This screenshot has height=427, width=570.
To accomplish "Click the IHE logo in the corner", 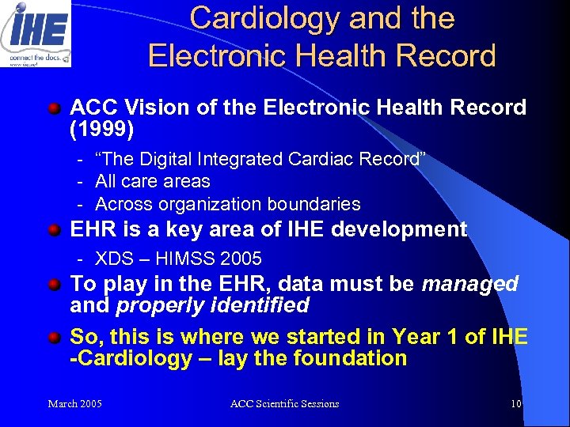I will point(36,33).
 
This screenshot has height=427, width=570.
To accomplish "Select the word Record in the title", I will point(448,55).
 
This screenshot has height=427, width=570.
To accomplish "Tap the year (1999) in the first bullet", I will point(101,127).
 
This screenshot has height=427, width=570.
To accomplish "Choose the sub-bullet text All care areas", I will point(153,182).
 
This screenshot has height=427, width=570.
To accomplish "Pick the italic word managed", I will point(470,284).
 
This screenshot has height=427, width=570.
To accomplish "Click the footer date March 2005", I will point(74,404).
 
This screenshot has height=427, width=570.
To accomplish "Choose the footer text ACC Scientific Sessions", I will point(284,404).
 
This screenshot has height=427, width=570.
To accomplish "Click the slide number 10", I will point(515,404).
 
